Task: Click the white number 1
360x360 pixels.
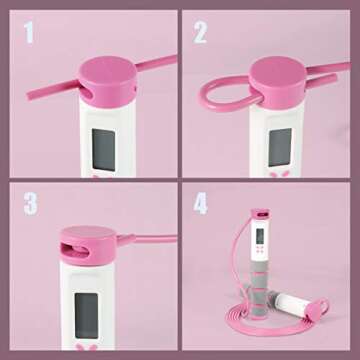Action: [x=29, y=33]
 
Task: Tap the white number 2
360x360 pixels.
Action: [x=200, y=33]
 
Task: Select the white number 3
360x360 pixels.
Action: [x=30, y=203]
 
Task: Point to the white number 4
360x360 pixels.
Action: [x=201, y=203]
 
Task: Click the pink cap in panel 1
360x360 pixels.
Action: [x=108, y=81]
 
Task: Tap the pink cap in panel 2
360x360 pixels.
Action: [x=278, y=82]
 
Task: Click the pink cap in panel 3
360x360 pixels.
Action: [x=88, y=245]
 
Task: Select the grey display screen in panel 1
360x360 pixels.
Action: [x=104, y=149]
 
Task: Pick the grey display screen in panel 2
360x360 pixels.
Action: [x=280, y=147]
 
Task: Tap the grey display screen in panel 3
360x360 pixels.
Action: [x=86, y=315]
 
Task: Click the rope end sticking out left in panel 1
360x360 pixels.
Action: [x=53, y=89]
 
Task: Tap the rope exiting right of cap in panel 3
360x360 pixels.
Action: [x=147, y=239]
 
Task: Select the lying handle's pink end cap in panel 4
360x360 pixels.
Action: [x=317, y=309]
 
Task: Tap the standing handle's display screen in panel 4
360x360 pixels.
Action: [x=260, y=236]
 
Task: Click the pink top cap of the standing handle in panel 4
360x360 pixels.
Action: [x=261, y=213]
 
